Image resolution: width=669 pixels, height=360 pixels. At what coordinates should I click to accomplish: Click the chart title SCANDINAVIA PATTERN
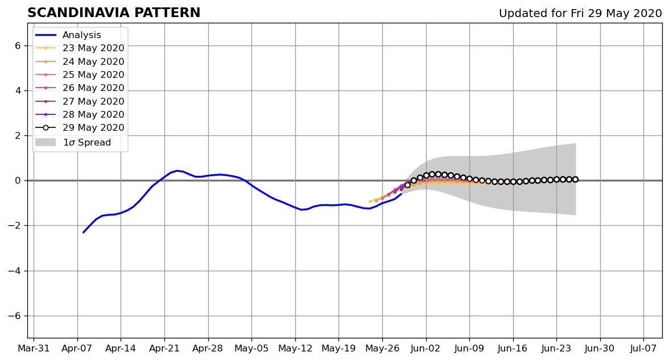click(114, 13)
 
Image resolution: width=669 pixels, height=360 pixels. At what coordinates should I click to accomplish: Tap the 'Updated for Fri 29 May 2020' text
click(580, 14)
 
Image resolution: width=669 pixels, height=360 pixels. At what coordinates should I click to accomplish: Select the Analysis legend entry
click(68, 35)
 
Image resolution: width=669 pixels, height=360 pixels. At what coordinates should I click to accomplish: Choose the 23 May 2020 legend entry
click(80, 48)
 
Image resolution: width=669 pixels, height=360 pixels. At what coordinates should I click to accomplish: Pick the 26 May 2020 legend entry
click(80, 88)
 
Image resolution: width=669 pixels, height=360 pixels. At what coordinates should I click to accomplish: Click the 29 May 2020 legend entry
click(80, 127)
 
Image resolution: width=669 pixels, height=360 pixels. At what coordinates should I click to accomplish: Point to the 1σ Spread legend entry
click(73, 142)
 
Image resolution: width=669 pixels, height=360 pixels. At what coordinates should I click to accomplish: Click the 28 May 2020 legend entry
click(80, 114)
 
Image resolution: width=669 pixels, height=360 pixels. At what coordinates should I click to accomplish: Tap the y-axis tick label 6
click(18, 45)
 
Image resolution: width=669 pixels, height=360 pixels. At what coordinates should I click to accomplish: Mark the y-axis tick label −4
click(15, 271)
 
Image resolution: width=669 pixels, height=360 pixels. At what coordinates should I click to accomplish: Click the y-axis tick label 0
click(18, 181)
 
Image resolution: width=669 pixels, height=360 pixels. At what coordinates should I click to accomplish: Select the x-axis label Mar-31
click(34, 349)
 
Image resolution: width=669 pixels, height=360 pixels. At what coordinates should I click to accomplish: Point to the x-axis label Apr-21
click(164, 349)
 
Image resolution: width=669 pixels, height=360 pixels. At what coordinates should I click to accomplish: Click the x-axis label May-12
click(295, 349)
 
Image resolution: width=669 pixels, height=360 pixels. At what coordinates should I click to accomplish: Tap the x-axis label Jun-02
click(426, 349)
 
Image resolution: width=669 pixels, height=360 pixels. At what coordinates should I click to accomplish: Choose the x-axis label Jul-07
click(643, 349)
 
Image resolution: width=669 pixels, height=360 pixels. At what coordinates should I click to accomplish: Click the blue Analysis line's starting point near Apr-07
click(83, 233)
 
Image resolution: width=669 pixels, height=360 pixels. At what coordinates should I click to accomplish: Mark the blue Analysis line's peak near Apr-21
click(177, 171)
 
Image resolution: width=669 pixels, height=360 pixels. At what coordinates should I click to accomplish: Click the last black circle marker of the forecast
click(575, 180)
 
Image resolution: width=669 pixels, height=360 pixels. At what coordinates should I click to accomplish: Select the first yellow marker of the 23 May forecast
click(370, 201)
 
